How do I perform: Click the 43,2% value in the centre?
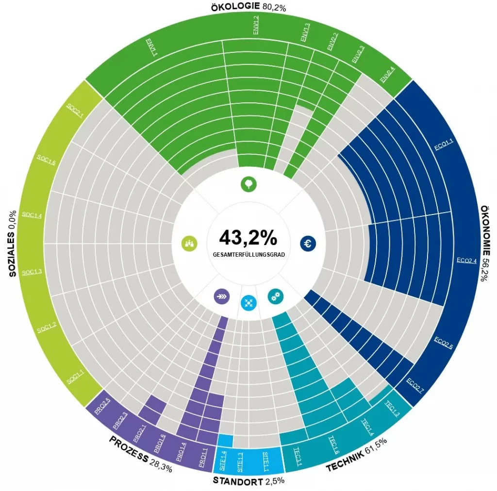(248, 237)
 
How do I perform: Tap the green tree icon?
(248, 184)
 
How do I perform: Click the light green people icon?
(189, 244)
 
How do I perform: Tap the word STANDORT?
(238, 481)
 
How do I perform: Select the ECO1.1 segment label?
(444, 145)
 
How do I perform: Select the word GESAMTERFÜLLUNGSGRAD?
(248, 254)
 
